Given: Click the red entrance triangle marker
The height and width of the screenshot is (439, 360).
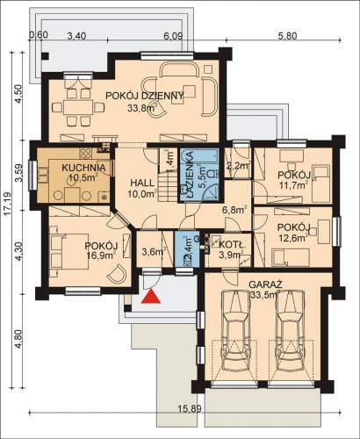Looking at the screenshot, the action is [x=151, y=296].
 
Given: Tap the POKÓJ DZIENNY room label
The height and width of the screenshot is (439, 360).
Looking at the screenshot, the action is [x=145, y=96].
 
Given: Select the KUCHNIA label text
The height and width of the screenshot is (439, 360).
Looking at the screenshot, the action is [x=83, y=168].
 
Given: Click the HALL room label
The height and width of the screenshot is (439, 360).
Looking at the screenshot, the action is [x=142, y=184].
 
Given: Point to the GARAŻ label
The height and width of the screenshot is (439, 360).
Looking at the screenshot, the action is [x=265, y=284].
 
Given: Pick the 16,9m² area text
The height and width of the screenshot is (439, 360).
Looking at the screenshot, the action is [x=101, y=255].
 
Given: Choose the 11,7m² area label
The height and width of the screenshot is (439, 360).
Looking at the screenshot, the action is [x=293, y=185].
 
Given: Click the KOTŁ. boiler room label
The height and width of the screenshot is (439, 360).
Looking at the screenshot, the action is [x=232, y=244].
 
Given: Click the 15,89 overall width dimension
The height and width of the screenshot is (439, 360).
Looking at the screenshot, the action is [x=190, y=408].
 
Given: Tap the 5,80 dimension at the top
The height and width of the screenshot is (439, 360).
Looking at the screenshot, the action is [x=287, y=36].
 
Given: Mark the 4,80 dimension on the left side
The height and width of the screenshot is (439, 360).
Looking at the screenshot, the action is [x=18, y=339].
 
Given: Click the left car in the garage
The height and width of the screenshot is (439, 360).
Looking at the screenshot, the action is [x=235, y=331].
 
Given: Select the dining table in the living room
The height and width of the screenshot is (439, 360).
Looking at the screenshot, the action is [x=78, y=108].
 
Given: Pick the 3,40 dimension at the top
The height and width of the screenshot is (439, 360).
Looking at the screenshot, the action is [x=76, y=36].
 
